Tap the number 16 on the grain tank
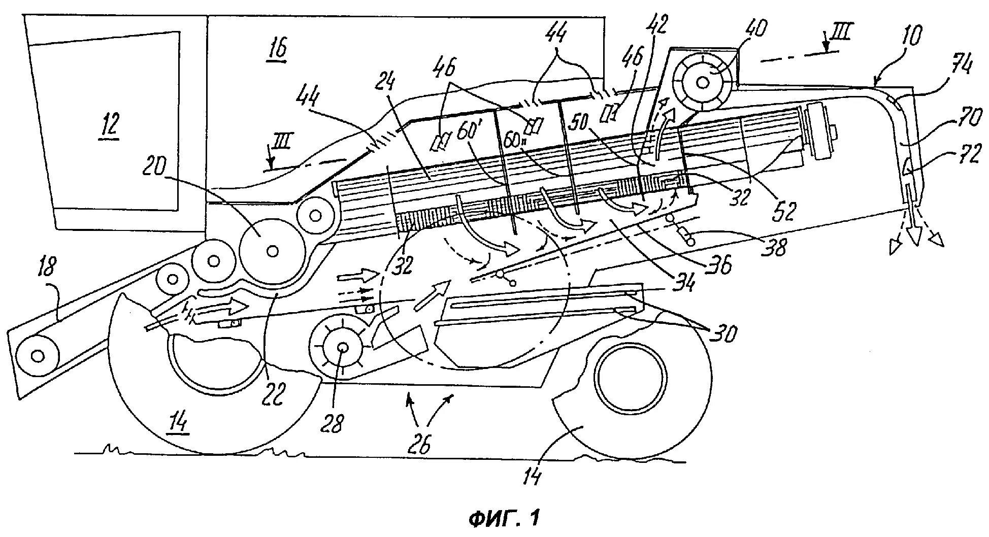278,49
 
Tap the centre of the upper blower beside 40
703,82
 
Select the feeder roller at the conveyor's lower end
37,355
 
